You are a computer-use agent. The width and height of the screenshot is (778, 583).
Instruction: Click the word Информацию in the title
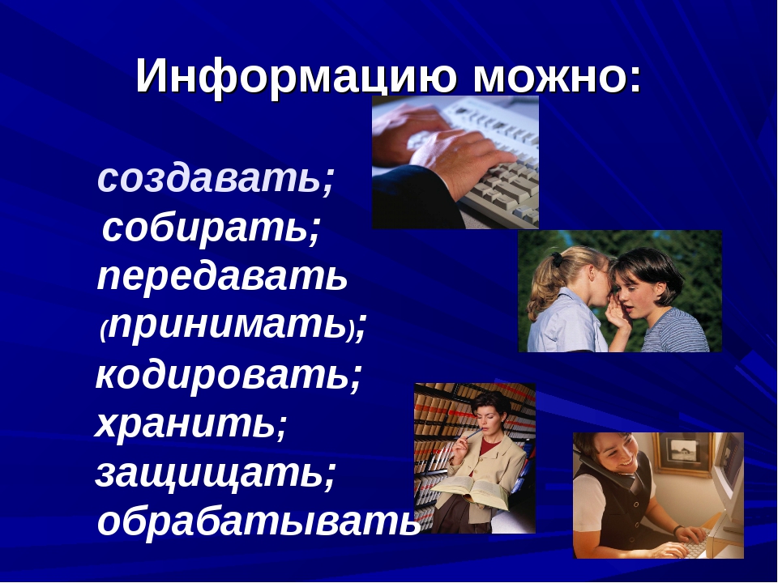(x=296, y=76)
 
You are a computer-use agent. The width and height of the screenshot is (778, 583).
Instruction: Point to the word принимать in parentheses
(x=228, y=326)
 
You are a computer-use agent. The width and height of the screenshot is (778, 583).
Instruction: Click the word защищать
(x=208, y=474)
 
